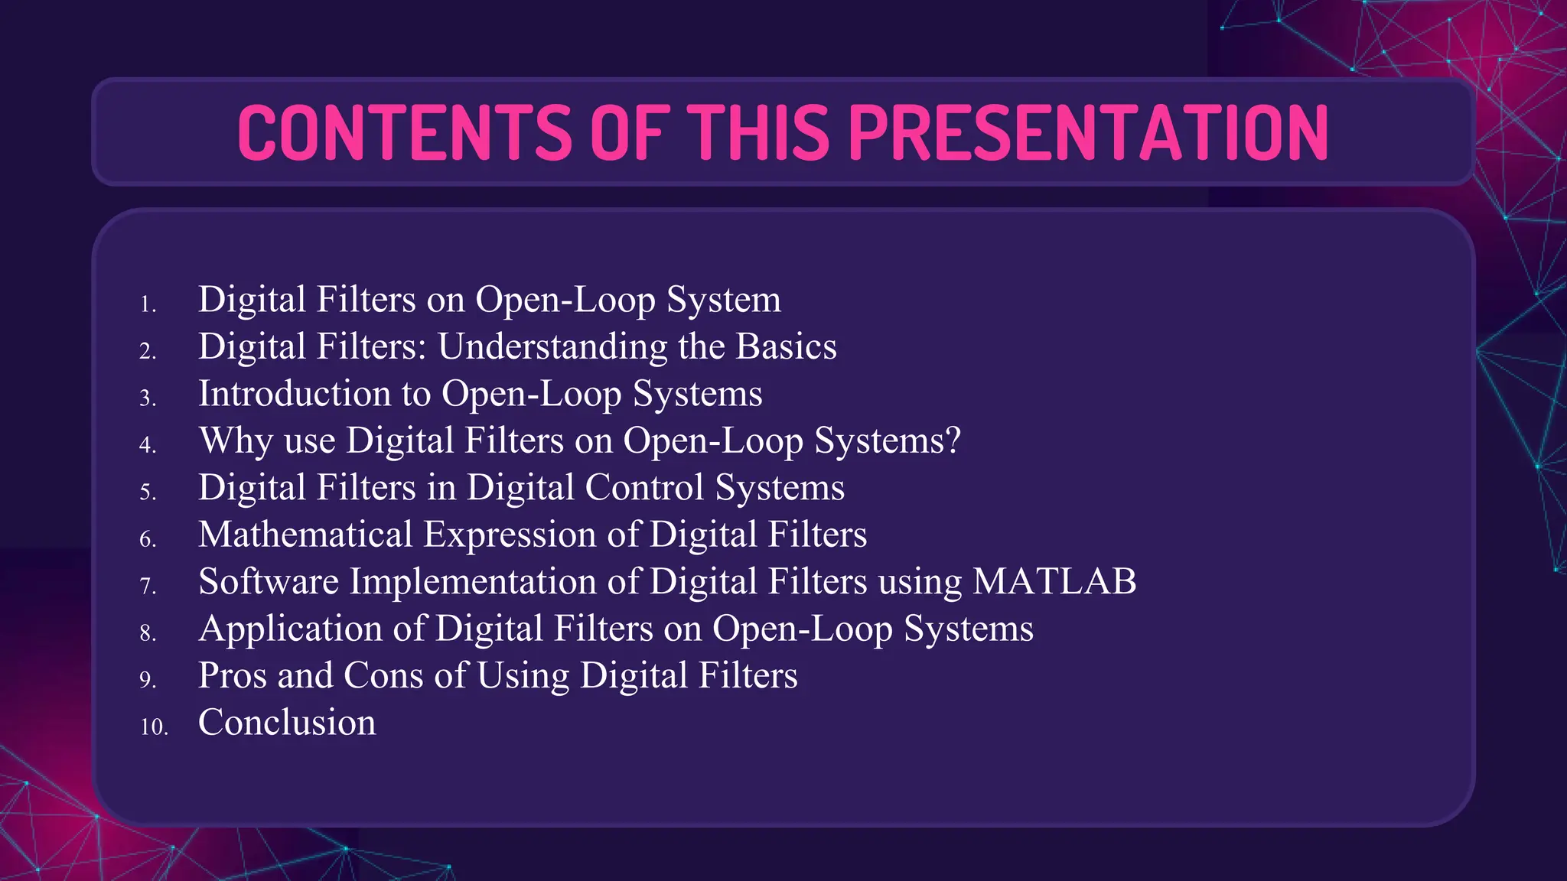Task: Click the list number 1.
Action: point(148,304)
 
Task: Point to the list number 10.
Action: point(154,727)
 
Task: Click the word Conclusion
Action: point(287,723)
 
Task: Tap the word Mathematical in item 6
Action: point(305,535)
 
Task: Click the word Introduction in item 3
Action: point(294,394)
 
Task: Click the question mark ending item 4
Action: point(953,440)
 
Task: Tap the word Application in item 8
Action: point(290,629)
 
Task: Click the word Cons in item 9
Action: point(383,676)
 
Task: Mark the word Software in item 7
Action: point(269,582)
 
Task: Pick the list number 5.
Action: point(148,492)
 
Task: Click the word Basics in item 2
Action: point(786,346)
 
